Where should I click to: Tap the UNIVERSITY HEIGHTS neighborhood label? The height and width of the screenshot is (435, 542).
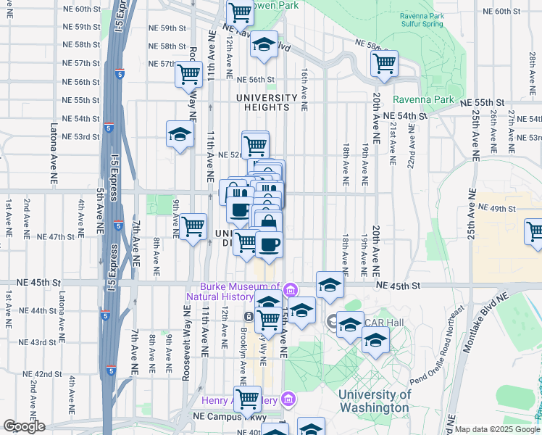coord(266,102)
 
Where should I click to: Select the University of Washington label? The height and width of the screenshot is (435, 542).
coord(375,401)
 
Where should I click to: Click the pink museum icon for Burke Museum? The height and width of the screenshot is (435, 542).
coord(290,290)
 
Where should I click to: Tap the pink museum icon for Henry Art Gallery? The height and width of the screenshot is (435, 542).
coord(289,399)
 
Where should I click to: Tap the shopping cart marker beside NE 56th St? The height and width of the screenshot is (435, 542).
coord(188,72)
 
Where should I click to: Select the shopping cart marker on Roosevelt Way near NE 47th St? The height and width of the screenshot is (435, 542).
coord(193,226)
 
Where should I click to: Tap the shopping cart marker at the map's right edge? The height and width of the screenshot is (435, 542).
coord(535,232)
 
